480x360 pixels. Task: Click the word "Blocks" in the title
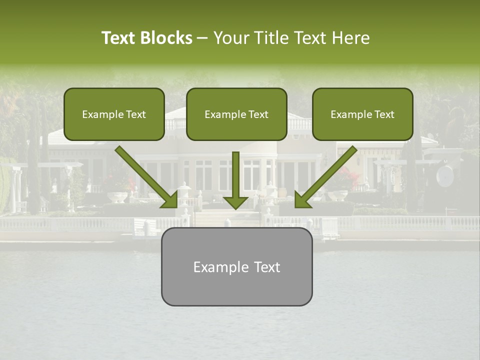point(167,38)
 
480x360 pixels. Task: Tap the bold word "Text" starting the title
point(120,38)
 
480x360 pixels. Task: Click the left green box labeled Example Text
point(114,114)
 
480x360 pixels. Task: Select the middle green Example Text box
point(236,114)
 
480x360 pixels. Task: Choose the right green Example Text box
point(362,114)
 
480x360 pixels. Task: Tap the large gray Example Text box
point(236,266)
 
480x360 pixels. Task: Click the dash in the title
point(203,38)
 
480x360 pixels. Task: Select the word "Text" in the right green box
point(384,114)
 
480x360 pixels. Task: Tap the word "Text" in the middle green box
point(258,114)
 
